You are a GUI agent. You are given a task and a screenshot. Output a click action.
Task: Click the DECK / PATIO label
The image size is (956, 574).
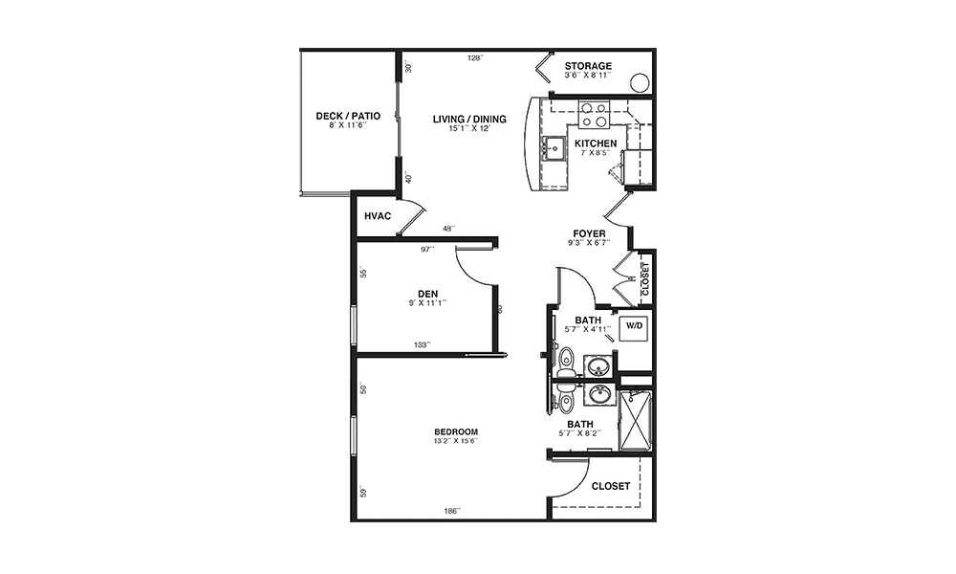pyautogui.click(x=348, y=116)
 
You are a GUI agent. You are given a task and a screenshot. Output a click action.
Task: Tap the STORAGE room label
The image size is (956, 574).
pyautogui.click(x=588, y=66)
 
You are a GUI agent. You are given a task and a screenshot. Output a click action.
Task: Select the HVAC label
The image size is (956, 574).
pyautogui.click(x=378, y=216)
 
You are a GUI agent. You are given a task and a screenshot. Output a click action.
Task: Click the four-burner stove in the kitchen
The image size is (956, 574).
pyautogui.click(x=594, y=115)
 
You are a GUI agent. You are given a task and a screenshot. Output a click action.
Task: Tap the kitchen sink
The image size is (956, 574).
pyautogui.click(x=554, y=148)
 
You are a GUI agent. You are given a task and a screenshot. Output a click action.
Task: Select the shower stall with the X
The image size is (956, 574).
pyautogui.click(x=636, y=422)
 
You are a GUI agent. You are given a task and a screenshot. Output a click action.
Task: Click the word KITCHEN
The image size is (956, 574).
pyautogui.click(x=596, y=143)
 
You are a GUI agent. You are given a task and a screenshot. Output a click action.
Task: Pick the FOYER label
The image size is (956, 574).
pyautogui.click(x=589, y=233)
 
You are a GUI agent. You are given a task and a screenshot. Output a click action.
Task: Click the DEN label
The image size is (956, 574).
pyautogui.click(x=427, y=294)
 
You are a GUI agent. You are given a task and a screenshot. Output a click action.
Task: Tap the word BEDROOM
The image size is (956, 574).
pyautogui.click(x=456, y=431)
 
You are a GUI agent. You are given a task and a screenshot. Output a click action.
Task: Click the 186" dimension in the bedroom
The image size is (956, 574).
pyautogui.click(x=452, y=511)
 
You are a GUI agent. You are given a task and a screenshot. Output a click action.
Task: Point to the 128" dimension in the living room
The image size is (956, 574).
pyautogui.click(x=475, y=58)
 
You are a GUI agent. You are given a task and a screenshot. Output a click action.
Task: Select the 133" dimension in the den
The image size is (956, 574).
pyautogui.click(x=422, y=344)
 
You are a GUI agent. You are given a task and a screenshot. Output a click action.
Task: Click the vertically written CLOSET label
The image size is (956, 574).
pyautogui.click(x=646, y=279)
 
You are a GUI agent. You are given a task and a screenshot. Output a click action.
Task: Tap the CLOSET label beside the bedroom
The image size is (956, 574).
pyautogui.click(x=611, y=486)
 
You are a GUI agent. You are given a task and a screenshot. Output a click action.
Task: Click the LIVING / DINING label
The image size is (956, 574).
pyautogui.click(x=469, y=119)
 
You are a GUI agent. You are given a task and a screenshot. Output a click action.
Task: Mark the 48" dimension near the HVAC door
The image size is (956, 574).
pyautogui.click(x=448, y=229)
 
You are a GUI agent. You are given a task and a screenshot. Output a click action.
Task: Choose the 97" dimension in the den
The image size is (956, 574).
pyautogui.click(x=427, y=249)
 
